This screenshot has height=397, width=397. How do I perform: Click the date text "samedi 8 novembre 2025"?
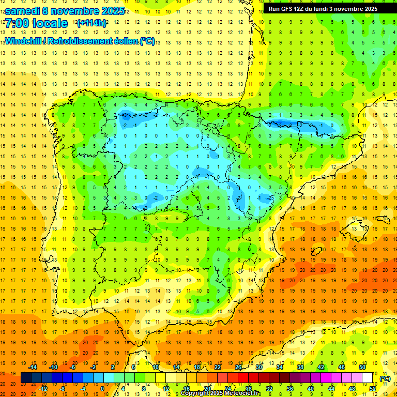pos(65,11)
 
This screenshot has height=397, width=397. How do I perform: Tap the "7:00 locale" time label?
pos(36,23)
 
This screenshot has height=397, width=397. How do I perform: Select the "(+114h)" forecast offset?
pos(91,23)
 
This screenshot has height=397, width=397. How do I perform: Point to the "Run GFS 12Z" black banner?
pos(323,9)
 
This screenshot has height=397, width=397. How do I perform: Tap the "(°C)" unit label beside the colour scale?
pos(385,378)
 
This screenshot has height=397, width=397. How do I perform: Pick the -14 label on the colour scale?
pos(33,367)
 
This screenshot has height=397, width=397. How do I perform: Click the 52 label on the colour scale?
pos(373,389)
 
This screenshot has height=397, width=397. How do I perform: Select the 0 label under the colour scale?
pos(102,389)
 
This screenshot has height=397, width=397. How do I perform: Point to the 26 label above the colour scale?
pos(238,367)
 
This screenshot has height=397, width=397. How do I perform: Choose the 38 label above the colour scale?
pos(300,367)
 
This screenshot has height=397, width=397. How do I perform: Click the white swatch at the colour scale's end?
pos(368,378)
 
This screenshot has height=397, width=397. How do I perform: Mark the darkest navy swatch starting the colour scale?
pos(26,378)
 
